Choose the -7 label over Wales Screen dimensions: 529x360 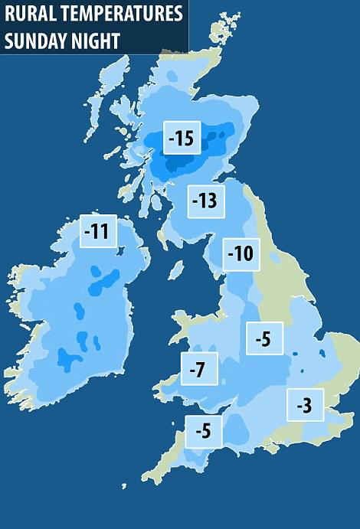pyautogui.click(x=198, y=371)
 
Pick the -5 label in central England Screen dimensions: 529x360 pyautogui.click(x=263, y=338)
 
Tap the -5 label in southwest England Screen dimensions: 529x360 pyautogui.click(x=203, y=432)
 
